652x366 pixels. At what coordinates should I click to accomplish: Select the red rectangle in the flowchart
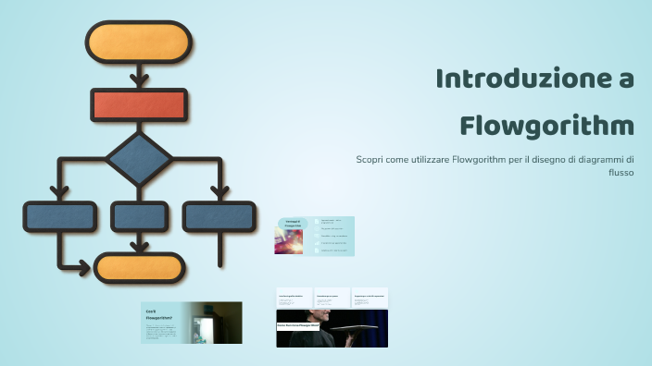(138, 105)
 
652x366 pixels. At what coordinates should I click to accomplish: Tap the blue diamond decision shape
(139, 160)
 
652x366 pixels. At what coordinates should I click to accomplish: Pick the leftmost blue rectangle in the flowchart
(59, 216)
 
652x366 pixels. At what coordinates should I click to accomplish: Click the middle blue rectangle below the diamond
(139, 216)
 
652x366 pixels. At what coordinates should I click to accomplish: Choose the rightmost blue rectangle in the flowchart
(219, 216)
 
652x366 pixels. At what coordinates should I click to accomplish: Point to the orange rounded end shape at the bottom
(140, 267)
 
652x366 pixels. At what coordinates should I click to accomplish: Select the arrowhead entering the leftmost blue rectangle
(59, 192)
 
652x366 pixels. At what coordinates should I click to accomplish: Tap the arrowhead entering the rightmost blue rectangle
(219, 192)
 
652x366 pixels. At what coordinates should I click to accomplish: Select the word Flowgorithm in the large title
(546, 124)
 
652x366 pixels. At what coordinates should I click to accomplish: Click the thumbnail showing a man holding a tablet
(332, 327)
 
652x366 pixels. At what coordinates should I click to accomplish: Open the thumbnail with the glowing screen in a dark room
(191, 323)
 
